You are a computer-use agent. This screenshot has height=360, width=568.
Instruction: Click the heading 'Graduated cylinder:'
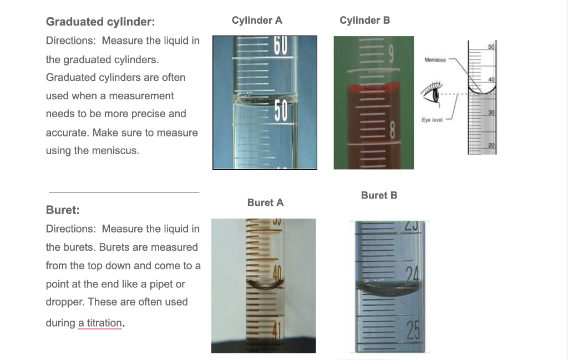pyautogui.click(x=100, y=22)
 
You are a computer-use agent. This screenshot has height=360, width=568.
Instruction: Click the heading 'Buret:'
pyautogui.click(x=63, y=210)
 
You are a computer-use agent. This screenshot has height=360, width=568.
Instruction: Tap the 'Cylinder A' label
pyautogui.click(x=257, y=21)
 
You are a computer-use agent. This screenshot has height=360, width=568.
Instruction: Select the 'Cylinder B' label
pyautogui.click(x=364, y=21)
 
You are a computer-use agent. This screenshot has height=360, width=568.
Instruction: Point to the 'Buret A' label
pyautogui.click(x=265, y=202)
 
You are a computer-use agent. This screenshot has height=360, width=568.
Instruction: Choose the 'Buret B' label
pyautogui.click(x=379, y=195)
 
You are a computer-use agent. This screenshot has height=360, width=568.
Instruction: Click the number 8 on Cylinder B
pyautogui.click(x=392, y=131)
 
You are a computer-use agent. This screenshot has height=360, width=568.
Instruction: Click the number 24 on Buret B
pyautogui.click(x=410, y=273)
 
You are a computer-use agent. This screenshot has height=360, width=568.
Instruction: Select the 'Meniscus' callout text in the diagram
pyautogui.click(x=434, y=59)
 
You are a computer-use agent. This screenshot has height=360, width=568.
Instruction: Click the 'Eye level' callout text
pyautogui.click(x=433, y=120)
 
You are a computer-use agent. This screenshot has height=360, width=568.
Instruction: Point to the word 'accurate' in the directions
pyautogui.click(x=67, y=133)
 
